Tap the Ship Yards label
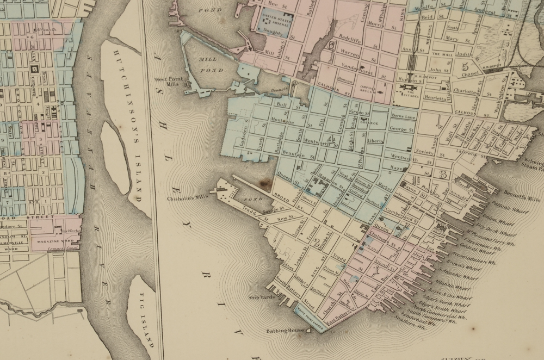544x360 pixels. click(x=259, y=297)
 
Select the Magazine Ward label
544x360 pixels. click(x=54, y=240)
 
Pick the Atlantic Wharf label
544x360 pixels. click(x=449, y=286)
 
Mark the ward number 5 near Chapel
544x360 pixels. click(x=465, y=67)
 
